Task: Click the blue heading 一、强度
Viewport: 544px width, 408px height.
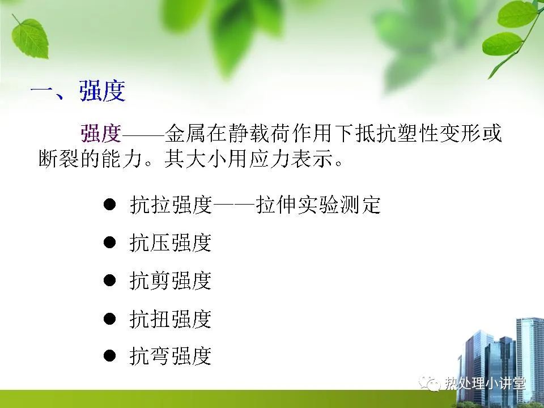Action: pyautogui.click(x=78, y=91)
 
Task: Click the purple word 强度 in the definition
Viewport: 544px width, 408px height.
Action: pyautogui.click(x=101, y=134)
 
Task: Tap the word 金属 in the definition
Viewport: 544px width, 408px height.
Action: pyautogui.click(x=185, y=134)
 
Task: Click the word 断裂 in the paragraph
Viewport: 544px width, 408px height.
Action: pyautogui.click(x=59, y=159)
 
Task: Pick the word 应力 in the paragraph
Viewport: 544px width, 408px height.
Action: pyautogui.click(x=269, y=159)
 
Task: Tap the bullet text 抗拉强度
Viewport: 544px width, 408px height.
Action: pyautogui.click(x=171, y=205)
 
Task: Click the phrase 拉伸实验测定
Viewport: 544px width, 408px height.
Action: pyautogui.click(x=318, y=205)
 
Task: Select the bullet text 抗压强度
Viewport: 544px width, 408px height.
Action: pyautogui.click(x=171, y=243)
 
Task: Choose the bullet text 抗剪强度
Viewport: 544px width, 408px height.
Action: pyautogui.click(x=171, y=280)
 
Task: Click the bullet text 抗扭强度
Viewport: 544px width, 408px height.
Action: pyautogui.click(x=171, y=318)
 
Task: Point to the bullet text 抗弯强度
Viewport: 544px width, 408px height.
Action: pyautogui.click(x=171, y=356)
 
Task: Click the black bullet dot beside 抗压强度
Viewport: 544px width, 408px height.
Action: pyautogui.click(x=109, y=242)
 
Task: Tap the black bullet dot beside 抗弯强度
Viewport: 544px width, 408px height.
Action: pyautogui.click(x=109, y=356)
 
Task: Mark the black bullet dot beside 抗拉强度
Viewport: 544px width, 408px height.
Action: pyautogui.click(x=109, y=204)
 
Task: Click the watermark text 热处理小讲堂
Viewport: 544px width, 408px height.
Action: pyautogui.click(x=486, y=384)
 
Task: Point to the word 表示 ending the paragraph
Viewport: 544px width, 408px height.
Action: pyautogui.click(x=312, y=159)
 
